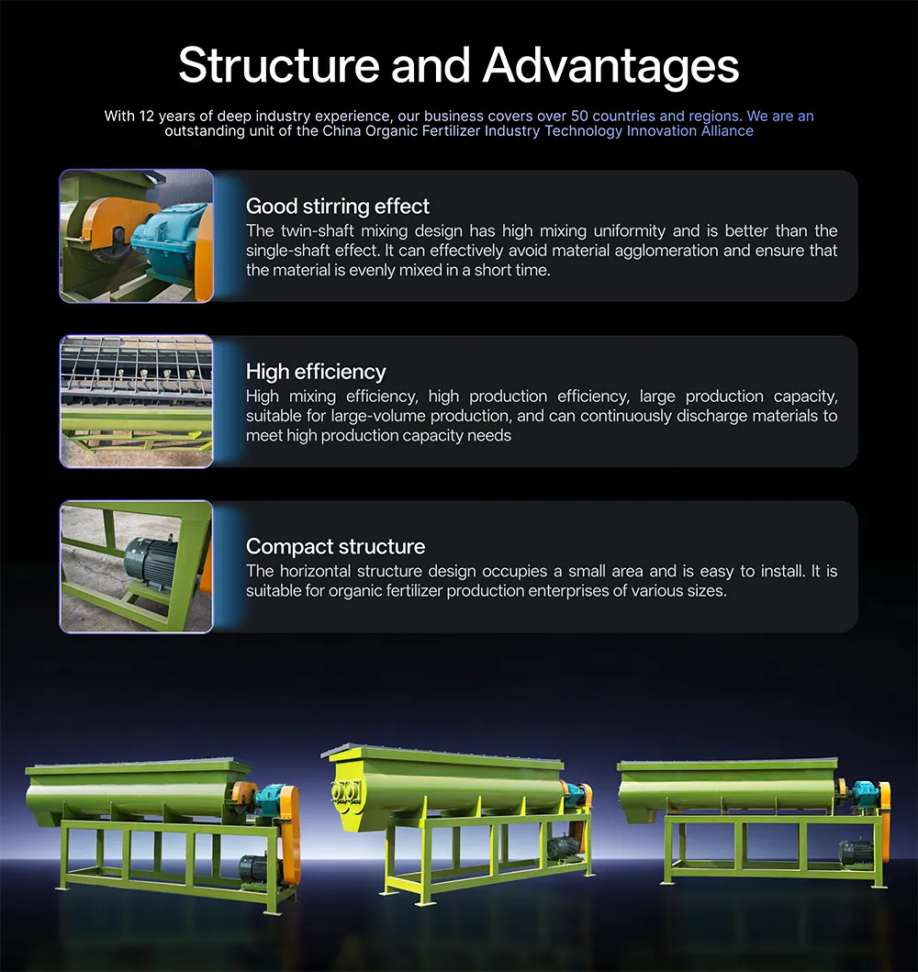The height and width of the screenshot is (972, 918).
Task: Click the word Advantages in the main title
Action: click(x=610, y=66)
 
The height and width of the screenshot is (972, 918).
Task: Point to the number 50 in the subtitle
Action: click(x=579, y=116)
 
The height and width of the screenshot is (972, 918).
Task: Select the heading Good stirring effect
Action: click(x=338, y=206)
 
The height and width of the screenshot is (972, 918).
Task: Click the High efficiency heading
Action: click(x=316, y=372)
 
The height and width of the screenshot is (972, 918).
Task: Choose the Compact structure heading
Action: click(x=335, y=546)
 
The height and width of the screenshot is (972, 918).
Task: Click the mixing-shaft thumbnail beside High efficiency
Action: click(x=137, y=402)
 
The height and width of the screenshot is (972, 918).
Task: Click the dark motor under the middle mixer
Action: click(x=564, y=847)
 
